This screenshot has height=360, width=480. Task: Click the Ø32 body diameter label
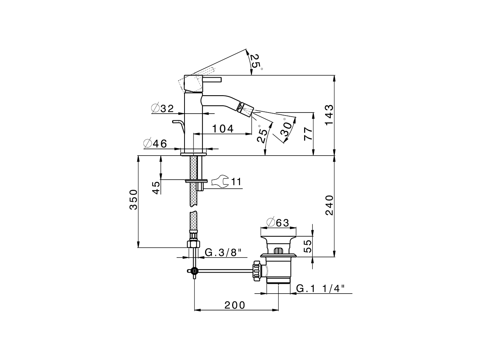pyautogui.click(x=162, y=109)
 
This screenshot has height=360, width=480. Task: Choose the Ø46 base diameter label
pyautogui.click(x=155, y=143)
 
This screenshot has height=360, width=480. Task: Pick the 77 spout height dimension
pyautogui.click(x=307, y=133)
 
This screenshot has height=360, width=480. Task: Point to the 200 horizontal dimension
pyautogui.click(x=235, y=305)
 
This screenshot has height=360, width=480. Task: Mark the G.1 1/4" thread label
pyautogui.click(x=320, y=288)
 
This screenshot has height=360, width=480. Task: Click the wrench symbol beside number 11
pyautogui.click(x=219, y=182)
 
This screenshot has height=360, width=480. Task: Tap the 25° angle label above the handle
pyautogui.click(x=255, y=61)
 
